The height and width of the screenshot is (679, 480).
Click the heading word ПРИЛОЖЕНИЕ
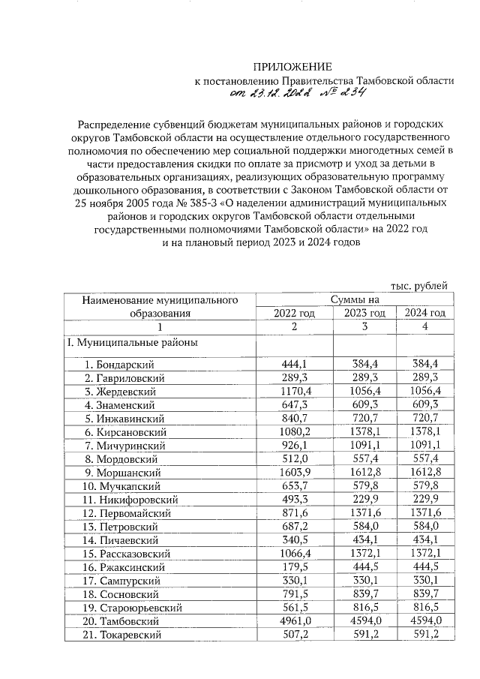(x=291, y=68)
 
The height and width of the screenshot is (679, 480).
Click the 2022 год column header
(x=294, y=313)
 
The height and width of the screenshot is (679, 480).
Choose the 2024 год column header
(x=425, y=313)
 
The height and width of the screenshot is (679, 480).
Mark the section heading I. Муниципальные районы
(x=129, y=343)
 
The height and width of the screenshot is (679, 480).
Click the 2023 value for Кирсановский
(x=364, y=432)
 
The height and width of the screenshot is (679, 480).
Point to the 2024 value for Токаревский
(x=425, y=635)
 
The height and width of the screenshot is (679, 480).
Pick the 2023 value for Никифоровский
(x=364, y=500)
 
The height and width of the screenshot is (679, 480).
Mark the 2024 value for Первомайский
(x=425, y=513)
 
